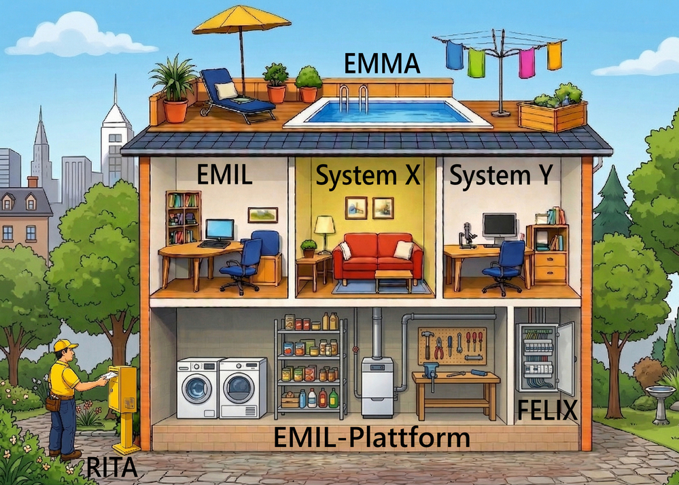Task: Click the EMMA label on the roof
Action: point(383,65)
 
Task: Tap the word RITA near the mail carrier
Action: point(112,468)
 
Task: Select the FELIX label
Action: point(547,411)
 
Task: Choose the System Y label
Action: point(500,177)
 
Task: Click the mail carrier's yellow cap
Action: point(65,346)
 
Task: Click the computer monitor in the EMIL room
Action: point(220,229)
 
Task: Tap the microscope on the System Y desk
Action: point(468,235)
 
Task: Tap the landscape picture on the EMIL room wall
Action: point(262,215)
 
